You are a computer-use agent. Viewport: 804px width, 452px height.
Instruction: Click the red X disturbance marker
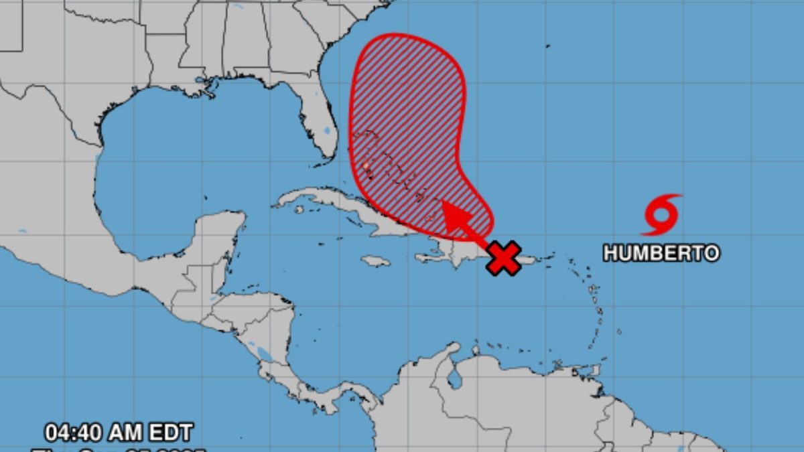(504, 258)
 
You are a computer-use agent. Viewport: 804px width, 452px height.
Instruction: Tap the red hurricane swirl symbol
(662, 215)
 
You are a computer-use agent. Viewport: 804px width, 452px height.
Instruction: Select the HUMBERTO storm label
(661, 253)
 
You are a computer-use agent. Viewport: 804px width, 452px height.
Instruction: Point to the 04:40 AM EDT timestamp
(119, 432)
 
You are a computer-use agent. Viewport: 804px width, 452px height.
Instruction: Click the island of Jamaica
(375, 260)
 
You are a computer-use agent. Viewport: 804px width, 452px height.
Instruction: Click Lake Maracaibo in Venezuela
(456, 378)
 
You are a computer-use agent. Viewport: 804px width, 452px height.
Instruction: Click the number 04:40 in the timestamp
(74, 432)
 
